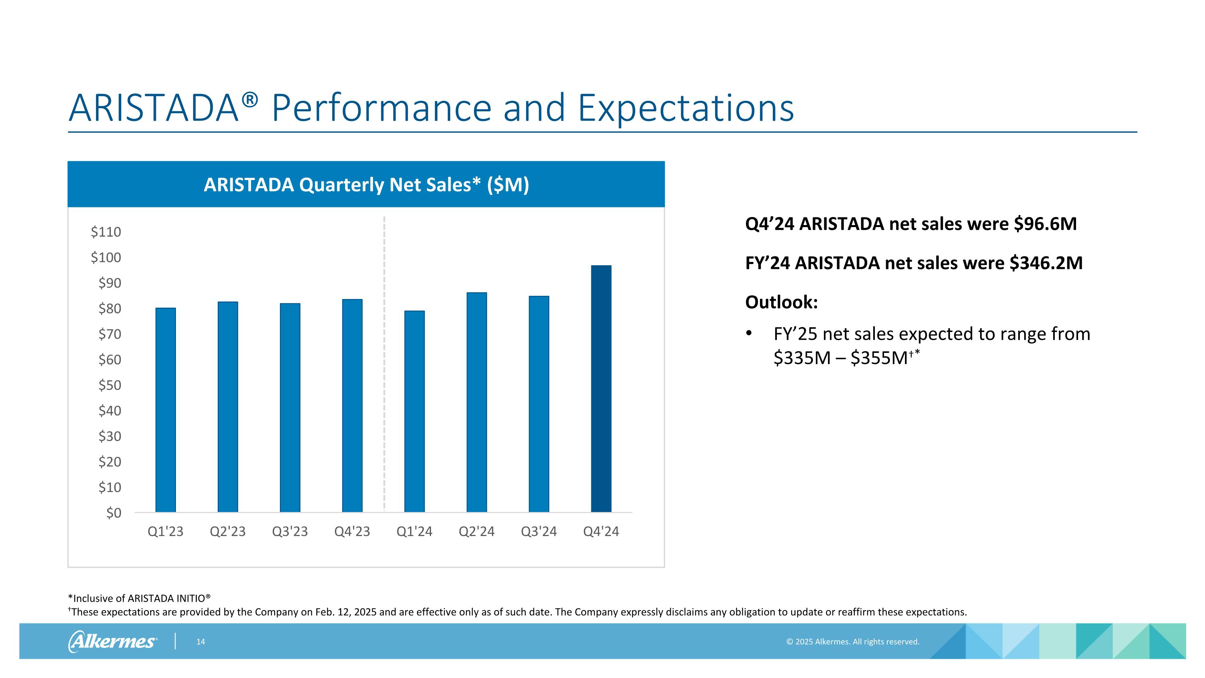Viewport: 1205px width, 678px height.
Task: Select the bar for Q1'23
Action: (165, 410)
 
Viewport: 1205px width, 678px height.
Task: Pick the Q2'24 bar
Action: (477, 402)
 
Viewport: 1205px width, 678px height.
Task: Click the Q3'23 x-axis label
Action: (290, 532)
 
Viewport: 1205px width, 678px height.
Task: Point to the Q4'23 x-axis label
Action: (352, 532)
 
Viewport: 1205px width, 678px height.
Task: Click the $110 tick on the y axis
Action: (106, 231)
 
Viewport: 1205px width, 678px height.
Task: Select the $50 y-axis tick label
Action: (110, 385)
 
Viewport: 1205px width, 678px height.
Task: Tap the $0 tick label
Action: (113, 513)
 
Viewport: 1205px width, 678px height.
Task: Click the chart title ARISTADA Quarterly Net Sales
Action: (366, 185)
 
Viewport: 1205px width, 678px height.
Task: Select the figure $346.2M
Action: (1046, 263)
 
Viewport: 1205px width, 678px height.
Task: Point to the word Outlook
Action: (781, 302)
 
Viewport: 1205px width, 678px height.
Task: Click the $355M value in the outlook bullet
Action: (879, 358)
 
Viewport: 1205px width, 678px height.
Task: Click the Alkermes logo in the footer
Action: (112, 641)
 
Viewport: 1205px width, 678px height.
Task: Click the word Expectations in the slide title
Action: (686, 108)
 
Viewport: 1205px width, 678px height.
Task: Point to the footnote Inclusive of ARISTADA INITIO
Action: (139, 598)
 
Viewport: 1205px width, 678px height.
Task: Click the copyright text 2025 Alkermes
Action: (852, 641)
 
